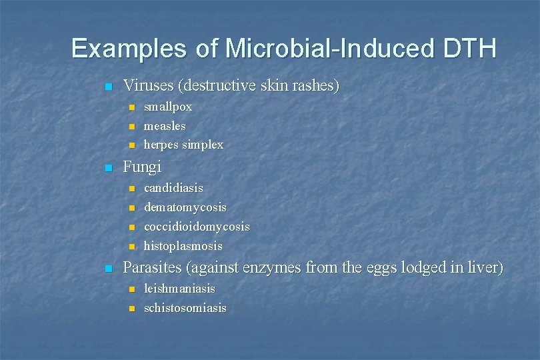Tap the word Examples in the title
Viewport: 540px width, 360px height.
tap(129, 49)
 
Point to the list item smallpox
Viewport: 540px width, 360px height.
tap(168, 107)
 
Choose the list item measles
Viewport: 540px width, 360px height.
tap(165, 125)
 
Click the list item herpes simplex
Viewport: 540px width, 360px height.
tap(183, 145)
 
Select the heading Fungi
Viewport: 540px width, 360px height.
tap(142, 167)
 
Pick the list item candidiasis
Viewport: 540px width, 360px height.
tap(173, 188)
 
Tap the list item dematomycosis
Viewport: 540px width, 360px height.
tap(185, 207)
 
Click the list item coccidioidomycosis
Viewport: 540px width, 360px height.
tap(197, 227)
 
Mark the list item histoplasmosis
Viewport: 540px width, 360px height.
tap(183, 246)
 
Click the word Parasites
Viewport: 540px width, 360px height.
tap(153, 268)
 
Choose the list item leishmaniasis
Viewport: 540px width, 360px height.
tap(179, 289)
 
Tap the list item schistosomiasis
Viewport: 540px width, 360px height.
tap(185, 308)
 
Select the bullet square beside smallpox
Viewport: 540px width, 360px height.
tap(131, 107)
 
